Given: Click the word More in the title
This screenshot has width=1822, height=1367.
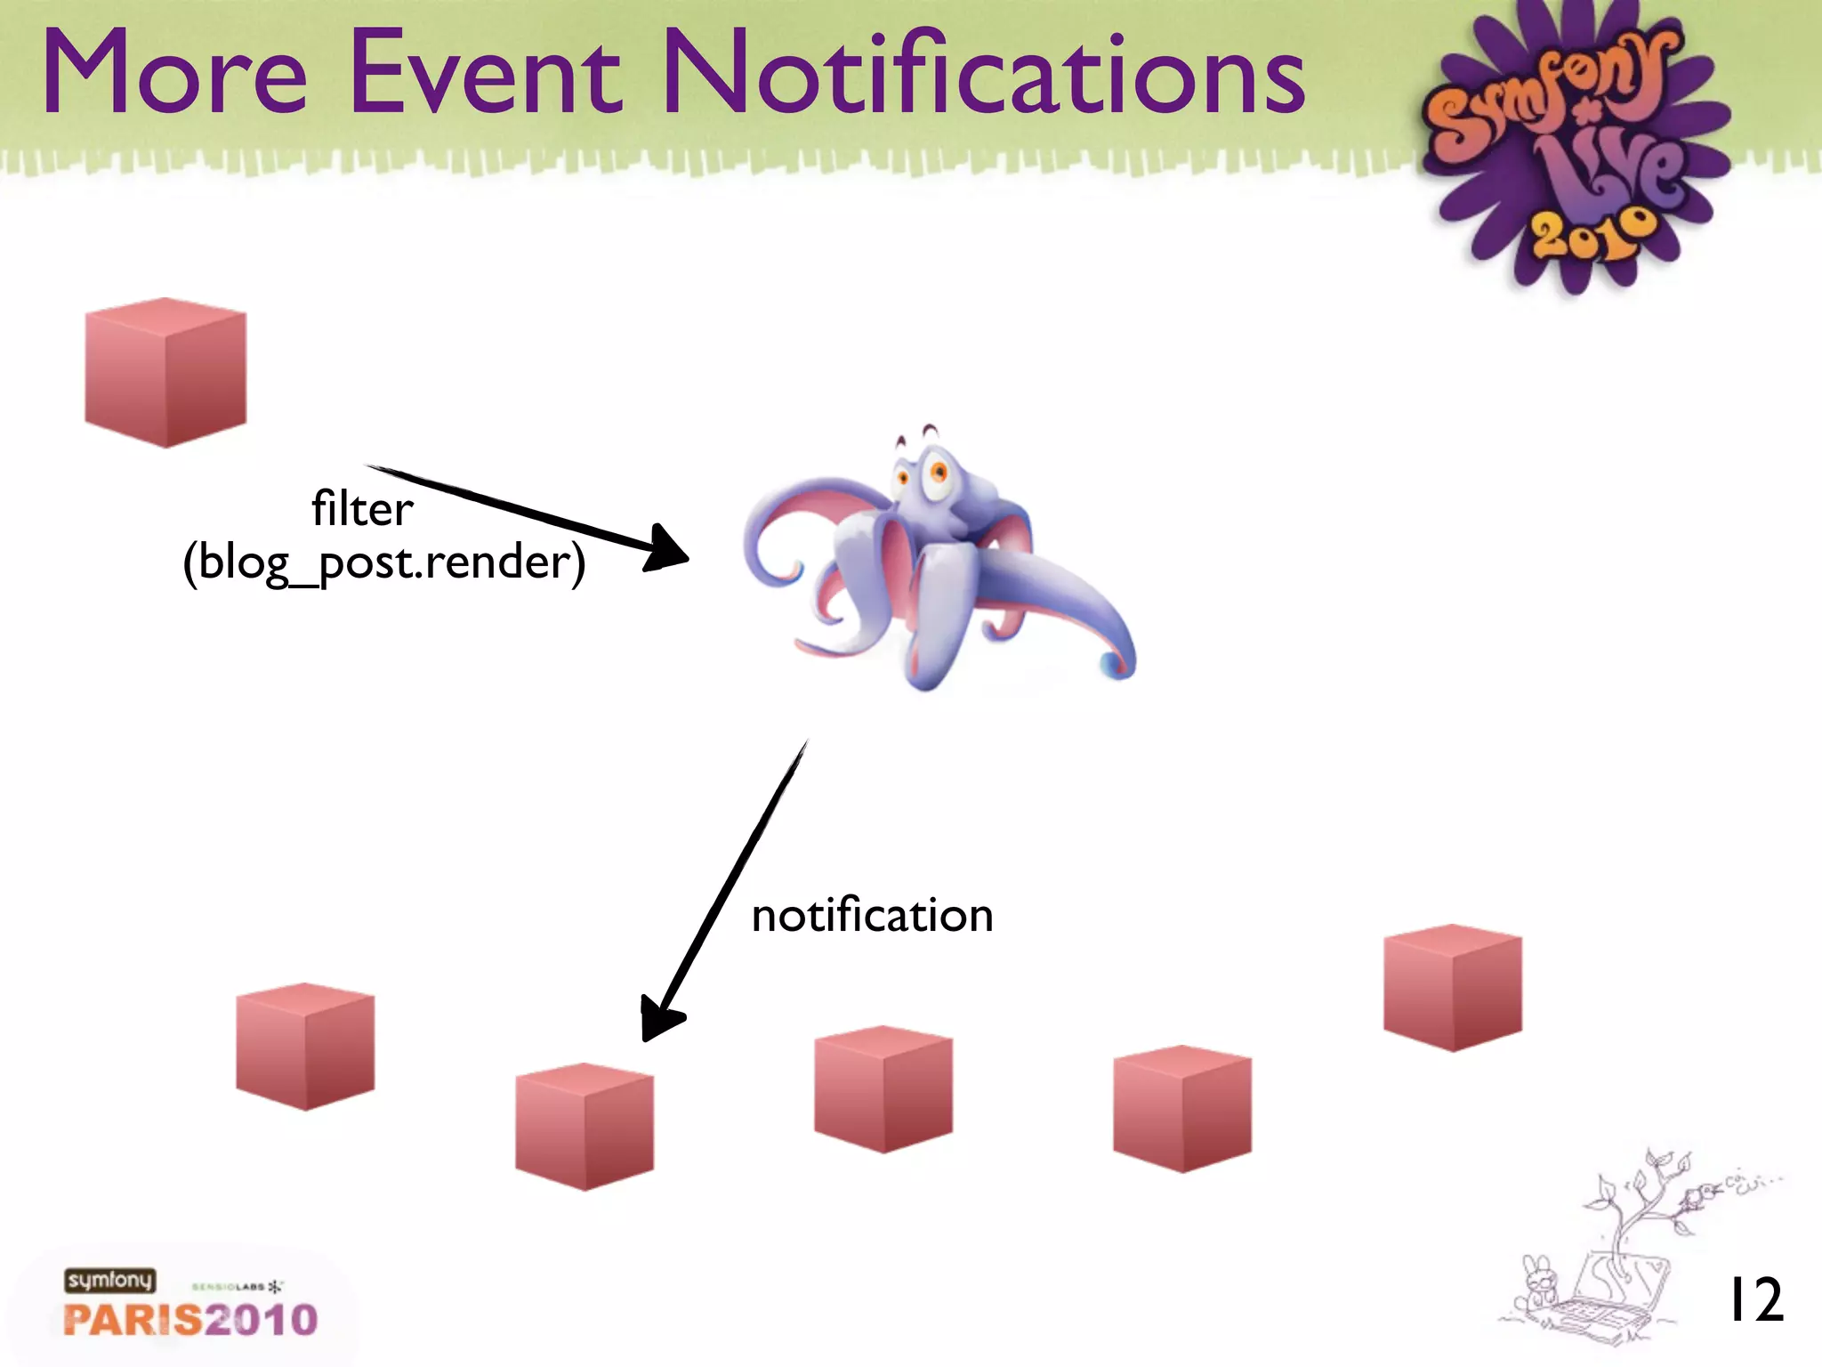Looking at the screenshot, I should pos(174,73).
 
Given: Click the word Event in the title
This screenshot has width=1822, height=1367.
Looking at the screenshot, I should pos(485,73).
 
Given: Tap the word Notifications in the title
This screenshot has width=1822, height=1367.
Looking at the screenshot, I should pos(983,73).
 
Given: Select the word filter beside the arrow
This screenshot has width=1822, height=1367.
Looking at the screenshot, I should pos(362,509).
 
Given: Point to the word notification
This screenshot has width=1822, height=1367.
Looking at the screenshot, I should pos(872,916).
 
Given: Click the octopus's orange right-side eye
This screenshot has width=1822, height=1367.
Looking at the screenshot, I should pos(938,473).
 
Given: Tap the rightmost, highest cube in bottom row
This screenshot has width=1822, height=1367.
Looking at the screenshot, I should pos(1452,987).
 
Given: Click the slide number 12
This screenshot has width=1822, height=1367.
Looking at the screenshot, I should pos(1754,1300).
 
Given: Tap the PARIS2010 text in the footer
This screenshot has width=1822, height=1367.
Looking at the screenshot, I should pos(190,1319).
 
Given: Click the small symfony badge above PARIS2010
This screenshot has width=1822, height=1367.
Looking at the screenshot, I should pos(109,1280).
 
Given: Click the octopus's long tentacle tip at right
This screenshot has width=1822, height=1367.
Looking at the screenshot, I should pos(1117,663).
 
